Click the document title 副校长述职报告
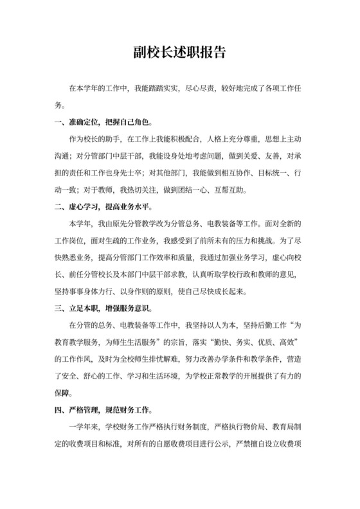point(180,53)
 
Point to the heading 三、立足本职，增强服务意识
point(104,308)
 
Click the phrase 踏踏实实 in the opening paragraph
point(162,87)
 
